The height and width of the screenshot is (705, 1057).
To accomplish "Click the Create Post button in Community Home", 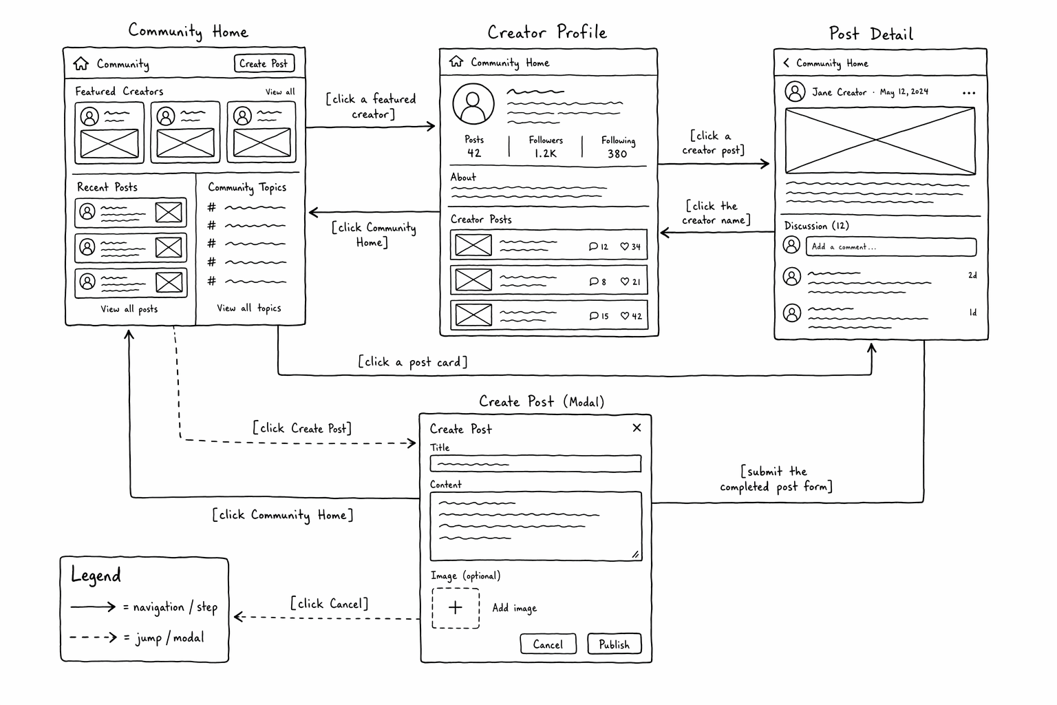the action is [x=264, y=63].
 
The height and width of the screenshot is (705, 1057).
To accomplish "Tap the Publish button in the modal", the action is [x=615, y=644].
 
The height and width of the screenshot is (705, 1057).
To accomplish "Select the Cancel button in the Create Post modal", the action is [x=548, y=644].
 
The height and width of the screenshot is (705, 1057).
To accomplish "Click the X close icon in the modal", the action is [x=637, y=428].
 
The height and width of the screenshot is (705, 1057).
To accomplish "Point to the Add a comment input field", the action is [x=891, y=247].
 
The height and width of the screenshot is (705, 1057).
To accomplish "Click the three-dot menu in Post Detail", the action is [x=969, y=93].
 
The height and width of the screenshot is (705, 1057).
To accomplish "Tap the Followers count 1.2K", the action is [x=546, y=154].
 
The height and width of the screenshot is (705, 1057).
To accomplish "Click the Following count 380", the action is [x=617, y=154].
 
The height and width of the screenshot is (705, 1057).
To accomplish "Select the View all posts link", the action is [x=129, y=309].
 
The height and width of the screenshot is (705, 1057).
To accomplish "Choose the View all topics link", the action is [x=248, y=308].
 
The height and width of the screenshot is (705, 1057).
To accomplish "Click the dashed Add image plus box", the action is [x=456, y=608].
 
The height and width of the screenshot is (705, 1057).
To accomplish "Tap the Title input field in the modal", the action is [x=535, y=464].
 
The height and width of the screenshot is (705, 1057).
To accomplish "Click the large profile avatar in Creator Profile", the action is [x=473, y=104].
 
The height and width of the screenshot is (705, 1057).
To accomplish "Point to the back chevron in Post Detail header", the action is [x=786, y=63].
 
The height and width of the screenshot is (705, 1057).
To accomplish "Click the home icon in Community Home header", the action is [x=81, y=63].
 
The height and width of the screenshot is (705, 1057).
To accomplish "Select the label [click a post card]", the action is [x=412, y=362].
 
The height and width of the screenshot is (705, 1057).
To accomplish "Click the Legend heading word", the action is [x=96, y=576].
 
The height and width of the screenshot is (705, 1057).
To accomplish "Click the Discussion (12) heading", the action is [x=816, y=226].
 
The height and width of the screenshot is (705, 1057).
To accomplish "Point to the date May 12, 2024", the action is [x=904, y=92].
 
